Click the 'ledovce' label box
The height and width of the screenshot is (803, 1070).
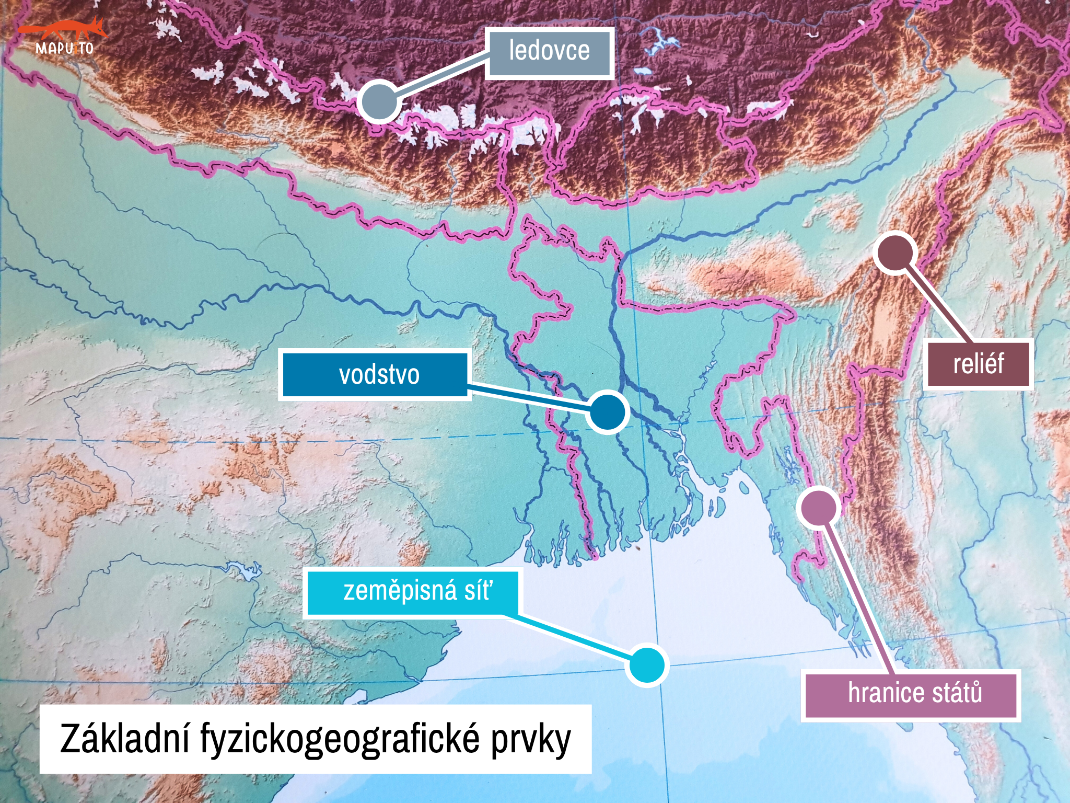pos(549,52)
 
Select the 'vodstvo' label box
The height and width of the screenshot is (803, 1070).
pos(375,375)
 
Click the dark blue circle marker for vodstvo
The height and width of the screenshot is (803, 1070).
pos(607,412)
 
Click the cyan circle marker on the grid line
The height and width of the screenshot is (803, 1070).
pos(647,665)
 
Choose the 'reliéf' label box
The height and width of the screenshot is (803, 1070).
pos(978,364)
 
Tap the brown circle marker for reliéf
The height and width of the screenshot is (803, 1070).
pos(894,253)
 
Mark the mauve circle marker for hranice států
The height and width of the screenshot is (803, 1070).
pos(819,507)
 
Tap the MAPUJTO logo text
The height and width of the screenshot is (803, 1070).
pos(64,49)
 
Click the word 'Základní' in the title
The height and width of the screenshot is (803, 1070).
pos(125,739)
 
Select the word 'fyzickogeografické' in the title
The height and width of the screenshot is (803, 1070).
pos(340,739)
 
